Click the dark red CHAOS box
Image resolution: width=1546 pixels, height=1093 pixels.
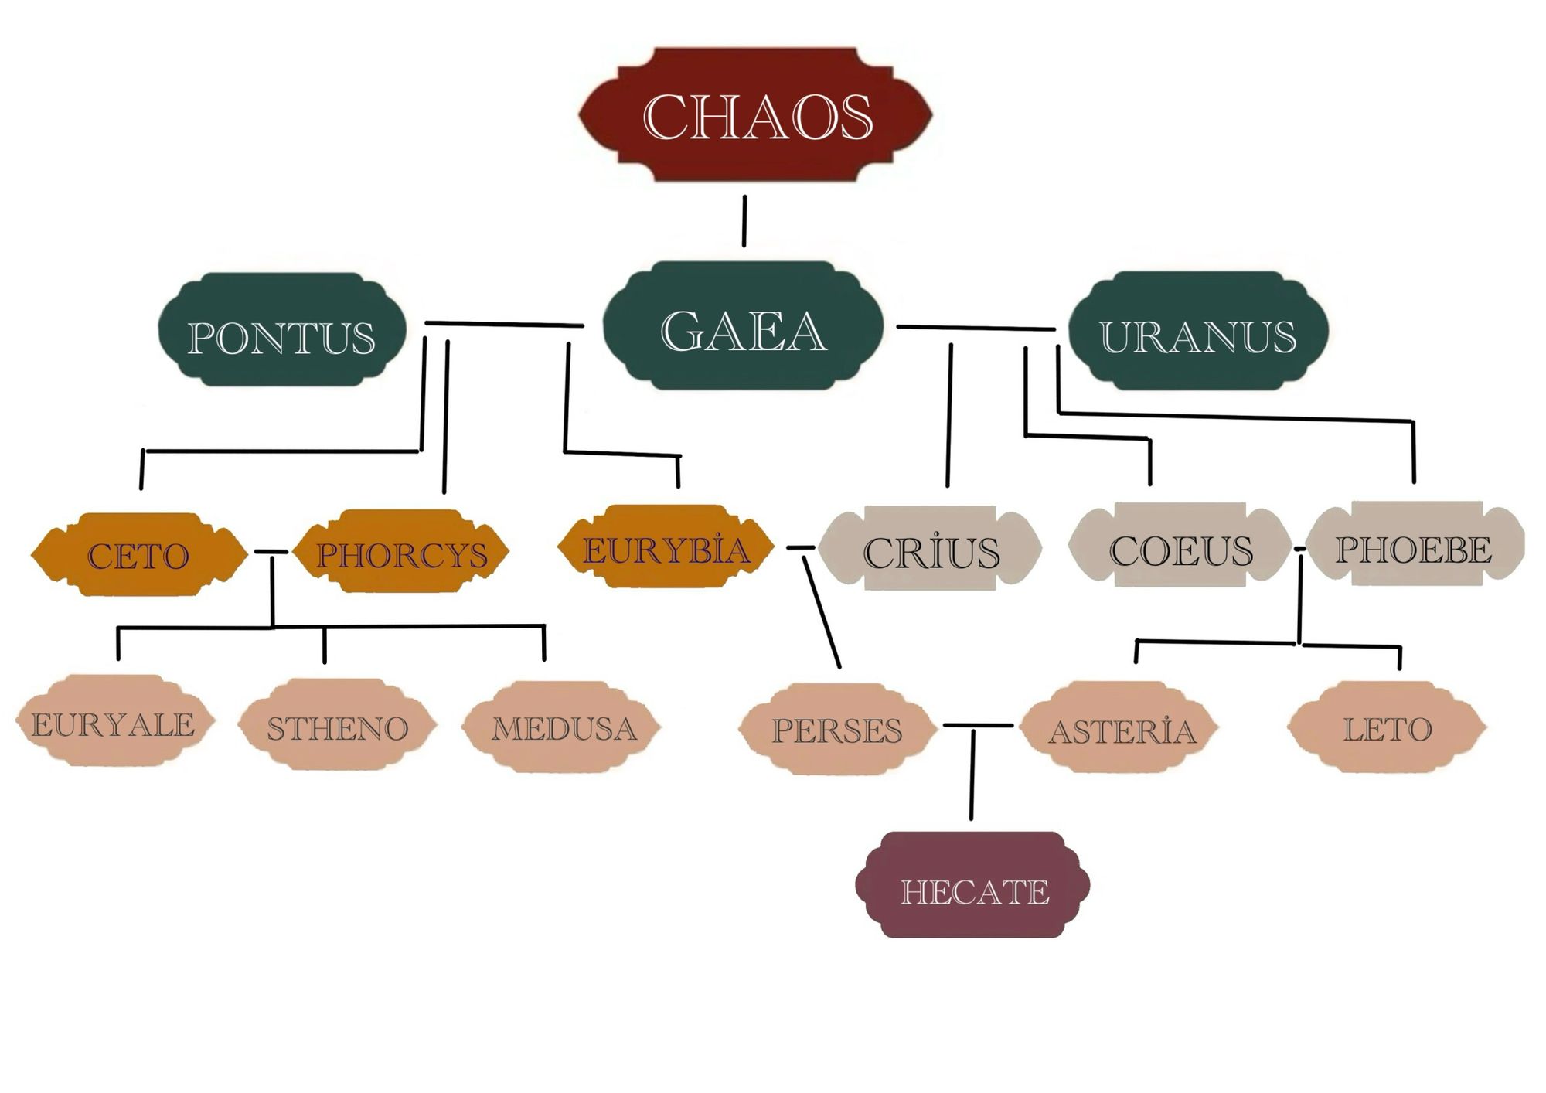756,115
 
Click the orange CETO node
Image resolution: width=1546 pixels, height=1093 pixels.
139,554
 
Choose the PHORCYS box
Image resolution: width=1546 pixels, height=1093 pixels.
402,552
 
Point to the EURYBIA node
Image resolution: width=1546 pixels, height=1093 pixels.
666,548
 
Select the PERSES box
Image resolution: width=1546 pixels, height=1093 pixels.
837,728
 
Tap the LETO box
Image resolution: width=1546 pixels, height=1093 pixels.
1387,727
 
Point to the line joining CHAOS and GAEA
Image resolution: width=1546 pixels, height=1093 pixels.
744,221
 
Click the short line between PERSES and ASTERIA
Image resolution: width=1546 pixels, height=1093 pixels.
978,726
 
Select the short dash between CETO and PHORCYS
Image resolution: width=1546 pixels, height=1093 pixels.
271,552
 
